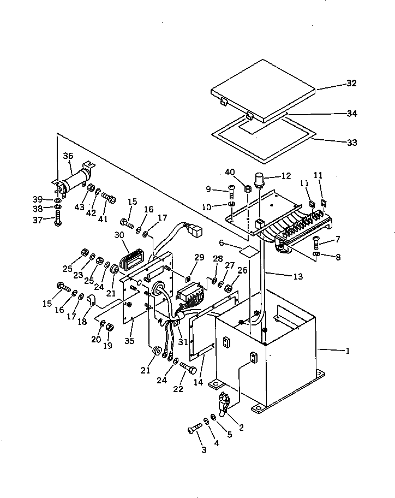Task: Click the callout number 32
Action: pyautogui.click(x=351, y=84)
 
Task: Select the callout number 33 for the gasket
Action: pyautogui.click(x=351, y=143)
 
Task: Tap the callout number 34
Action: pyautogui.click(x=351, y=114)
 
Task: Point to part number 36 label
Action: pyautogui.click(x=68, y=157)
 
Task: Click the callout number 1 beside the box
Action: pyautogui.click(x=348, y=351)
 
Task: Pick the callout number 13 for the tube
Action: pyautogui.click(x=298, y=277)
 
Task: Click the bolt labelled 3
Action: pyautogui.click(x=195, y=429)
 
